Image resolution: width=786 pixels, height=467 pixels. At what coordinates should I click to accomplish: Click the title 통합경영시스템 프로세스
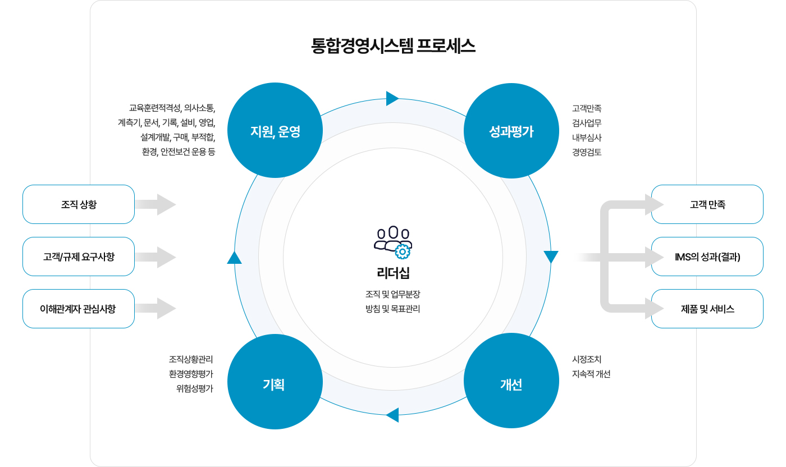pyautogui.click(x=393, y=45)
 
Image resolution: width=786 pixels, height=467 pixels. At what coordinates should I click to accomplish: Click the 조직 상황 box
pyautogui.click(x=79, y=204)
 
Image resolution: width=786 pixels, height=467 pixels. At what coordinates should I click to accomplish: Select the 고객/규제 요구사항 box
pyautogui.click(x=79, y=257)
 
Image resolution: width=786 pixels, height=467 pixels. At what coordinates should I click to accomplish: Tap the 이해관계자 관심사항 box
pyautogui.click(x=79, y=309)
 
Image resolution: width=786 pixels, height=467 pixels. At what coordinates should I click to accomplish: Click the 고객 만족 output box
pyautogui.click(x=707, y=204)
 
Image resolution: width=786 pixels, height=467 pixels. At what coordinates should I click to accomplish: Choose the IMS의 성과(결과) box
pyautogui.click(x=707, y=257)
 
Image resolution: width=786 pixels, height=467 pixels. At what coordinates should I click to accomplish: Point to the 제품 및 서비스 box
pyautogui.click(x=707, y=309)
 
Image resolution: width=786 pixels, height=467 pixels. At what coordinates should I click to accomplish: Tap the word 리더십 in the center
pyautogui.click(x=393, y=273)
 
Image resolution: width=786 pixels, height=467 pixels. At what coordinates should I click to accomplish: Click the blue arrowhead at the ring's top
pyautogui.click(x=392, y=99)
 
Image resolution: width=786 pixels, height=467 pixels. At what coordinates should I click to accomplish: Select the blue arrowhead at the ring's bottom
pyautogui.click(x=392, y=415)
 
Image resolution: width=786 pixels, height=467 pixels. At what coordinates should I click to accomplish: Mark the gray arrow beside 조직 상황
pyautogui.click(x=156, y=204)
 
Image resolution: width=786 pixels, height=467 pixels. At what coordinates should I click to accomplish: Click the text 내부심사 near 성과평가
pyautogui.click(x=587, y=137)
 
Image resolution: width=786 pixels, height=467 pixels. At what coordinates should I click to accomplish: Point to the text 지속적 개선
pyautogui.click(x=591, y=374)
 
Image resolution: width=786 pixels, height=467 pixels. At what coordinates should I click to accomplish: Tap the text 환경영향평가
pyautogui.click(x=191, y=374)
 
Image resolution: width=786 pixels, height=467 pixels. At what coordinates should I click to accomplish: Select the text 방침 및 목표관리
pyautogui.click(x=393, y=309)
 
